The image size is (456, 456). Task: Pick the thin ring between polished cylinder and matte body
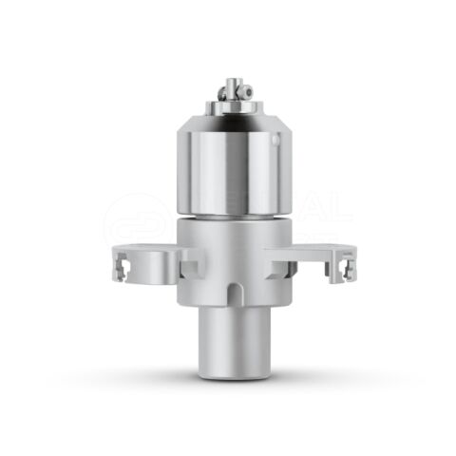tap(231, 217)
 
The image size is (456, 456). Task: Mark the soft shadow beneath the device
tap(231, 383)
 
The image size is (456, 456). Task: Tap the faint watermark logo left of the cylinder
tap(133, 218)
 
